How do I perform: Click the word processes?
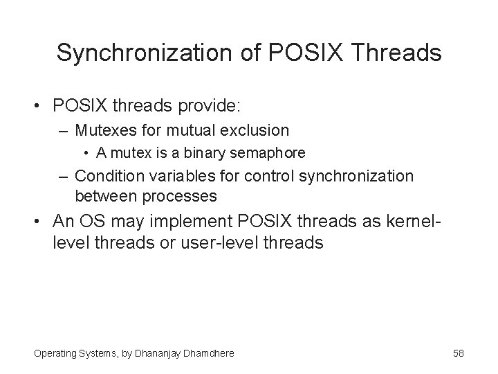tap(181, 195)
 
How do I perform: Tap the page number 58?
tap(458, 353)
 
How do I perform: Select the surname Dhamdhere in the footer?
tap(205, 353)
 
